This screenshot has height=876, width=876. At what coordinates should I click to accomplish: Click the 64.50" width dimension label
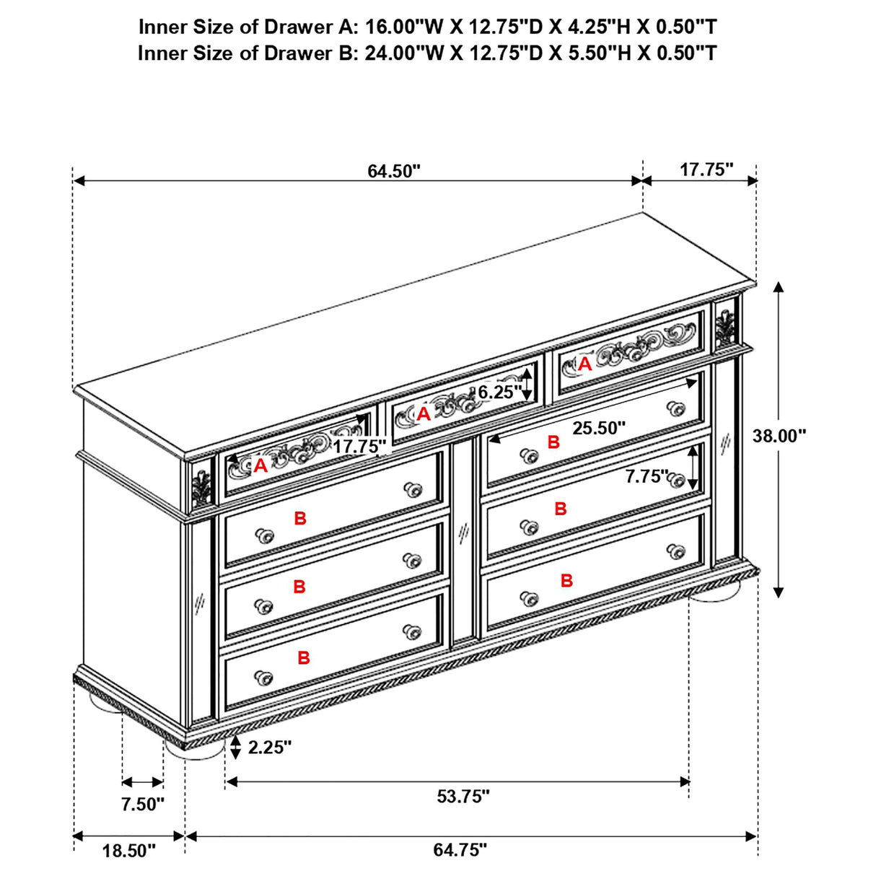[394, 172]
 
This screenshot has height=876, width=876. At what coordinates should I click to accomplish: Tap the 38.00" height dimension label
[779, 436]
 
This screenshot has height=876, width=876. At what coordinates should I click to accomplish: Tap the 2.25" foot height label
[269, 747]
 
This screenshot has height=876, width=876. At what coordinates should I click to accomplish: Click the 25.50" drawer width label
[599, 428]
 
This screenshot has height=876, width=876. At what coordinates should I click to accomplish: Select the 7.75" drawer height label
[647, 476]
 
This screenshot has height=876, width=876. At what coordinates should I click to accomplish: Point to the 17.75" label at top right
[706, 170]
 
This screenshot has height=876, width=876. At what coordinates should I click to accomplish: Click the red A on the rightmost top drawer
[584, 364]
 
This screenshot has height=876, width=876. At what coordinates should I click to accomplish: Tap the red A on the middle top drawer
[424, 414]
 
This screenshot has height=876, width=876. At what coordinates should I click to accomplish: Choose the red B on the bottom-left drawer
[304, 658]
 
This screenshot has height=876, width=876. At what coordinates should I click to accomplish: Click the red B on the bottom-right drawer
[566, 581]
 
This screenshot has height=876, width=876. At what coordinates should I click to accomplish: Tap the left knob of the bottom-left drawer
[263, 678]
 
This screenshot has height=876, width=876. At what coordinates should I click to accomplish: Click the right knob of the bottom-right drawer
[676, 551]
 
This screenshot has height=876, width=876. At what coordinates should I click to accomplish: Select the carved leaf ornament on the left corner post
[201, 487]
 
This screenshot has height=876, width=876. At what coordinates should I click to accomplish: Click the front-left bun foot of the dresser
[195, 748]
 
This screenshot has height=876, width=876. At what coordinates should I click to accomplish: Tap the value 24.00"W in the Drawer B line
[404, 53]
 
